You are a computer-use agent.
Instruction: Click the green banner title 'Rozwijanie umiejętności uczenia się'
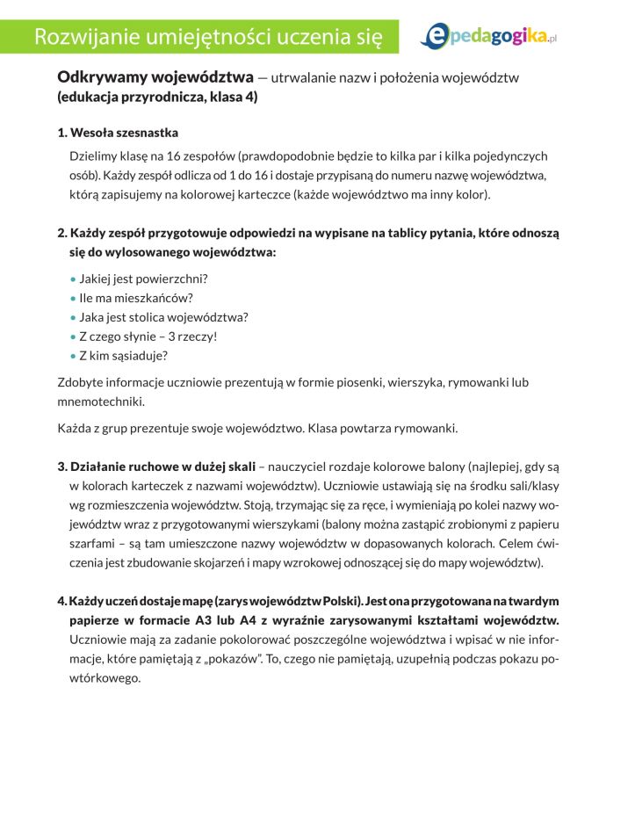pos(207,36)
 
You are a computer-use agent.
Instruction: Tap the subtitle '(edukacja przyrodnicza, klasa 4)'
pos(157,98)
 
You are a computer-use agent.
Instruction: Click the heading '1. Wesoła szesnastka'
pos(118,133)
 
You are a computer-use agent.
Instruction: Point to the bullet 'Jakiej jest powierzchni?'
pos(143,279)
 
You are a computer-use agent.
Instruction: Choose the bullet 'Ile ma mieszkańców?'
pos(135,298)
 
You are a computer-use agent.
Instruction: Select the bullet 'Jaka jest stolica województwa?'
pos(163,317)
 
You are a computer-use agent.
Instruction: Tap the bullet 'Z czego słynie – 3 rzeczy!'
pos(148,336)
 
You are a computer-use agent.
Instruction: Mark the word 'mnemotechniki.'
pos(101,401)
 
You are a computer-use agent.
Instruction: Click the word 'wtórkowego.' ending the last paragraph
pos(105,678)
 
